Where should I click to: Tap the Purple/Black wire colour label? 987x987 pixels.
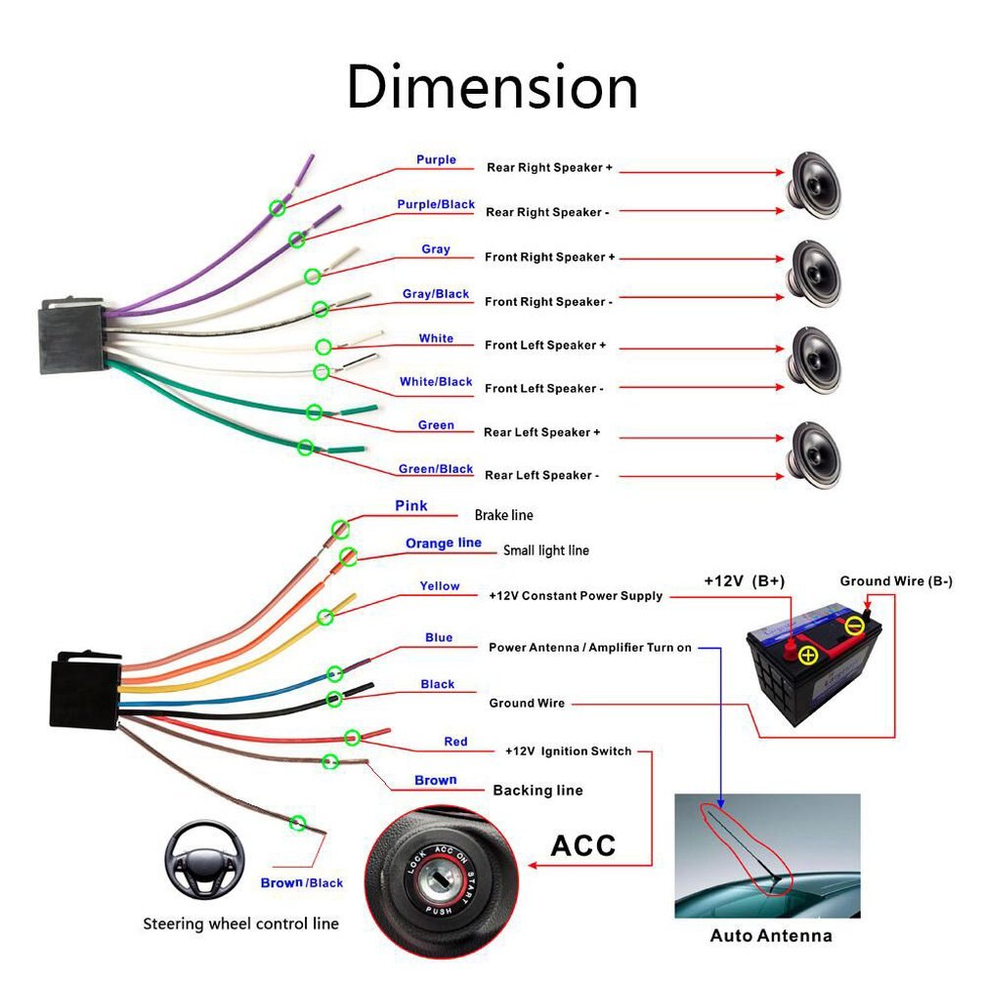point(435,204)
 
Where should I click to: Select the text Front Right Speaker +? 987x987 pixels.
point(549,257)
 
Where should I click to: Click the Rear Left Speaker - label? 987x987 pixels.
point(540,475)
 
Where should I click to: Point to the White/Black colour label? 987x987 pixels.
point(435,381)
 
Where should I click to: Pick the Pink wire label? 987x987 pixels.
point(411,506)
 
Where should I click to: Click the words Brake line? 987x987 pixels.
point(503,515)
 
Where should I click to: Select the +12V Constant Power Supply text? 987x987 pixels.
point(576,595)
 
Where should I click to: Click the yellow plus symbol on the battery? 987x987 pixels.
point(808,654)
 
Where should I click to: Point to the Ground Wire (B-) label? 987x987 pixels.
point(896,581)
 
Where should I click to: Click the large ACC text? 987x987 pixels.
point(582,844)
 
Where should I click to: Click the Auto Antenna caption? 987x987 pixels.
point(770,936)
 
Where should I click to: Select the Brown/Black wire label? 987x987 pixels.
point(301,883)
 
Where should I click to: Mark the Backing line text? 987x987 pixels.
point(537,790)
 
